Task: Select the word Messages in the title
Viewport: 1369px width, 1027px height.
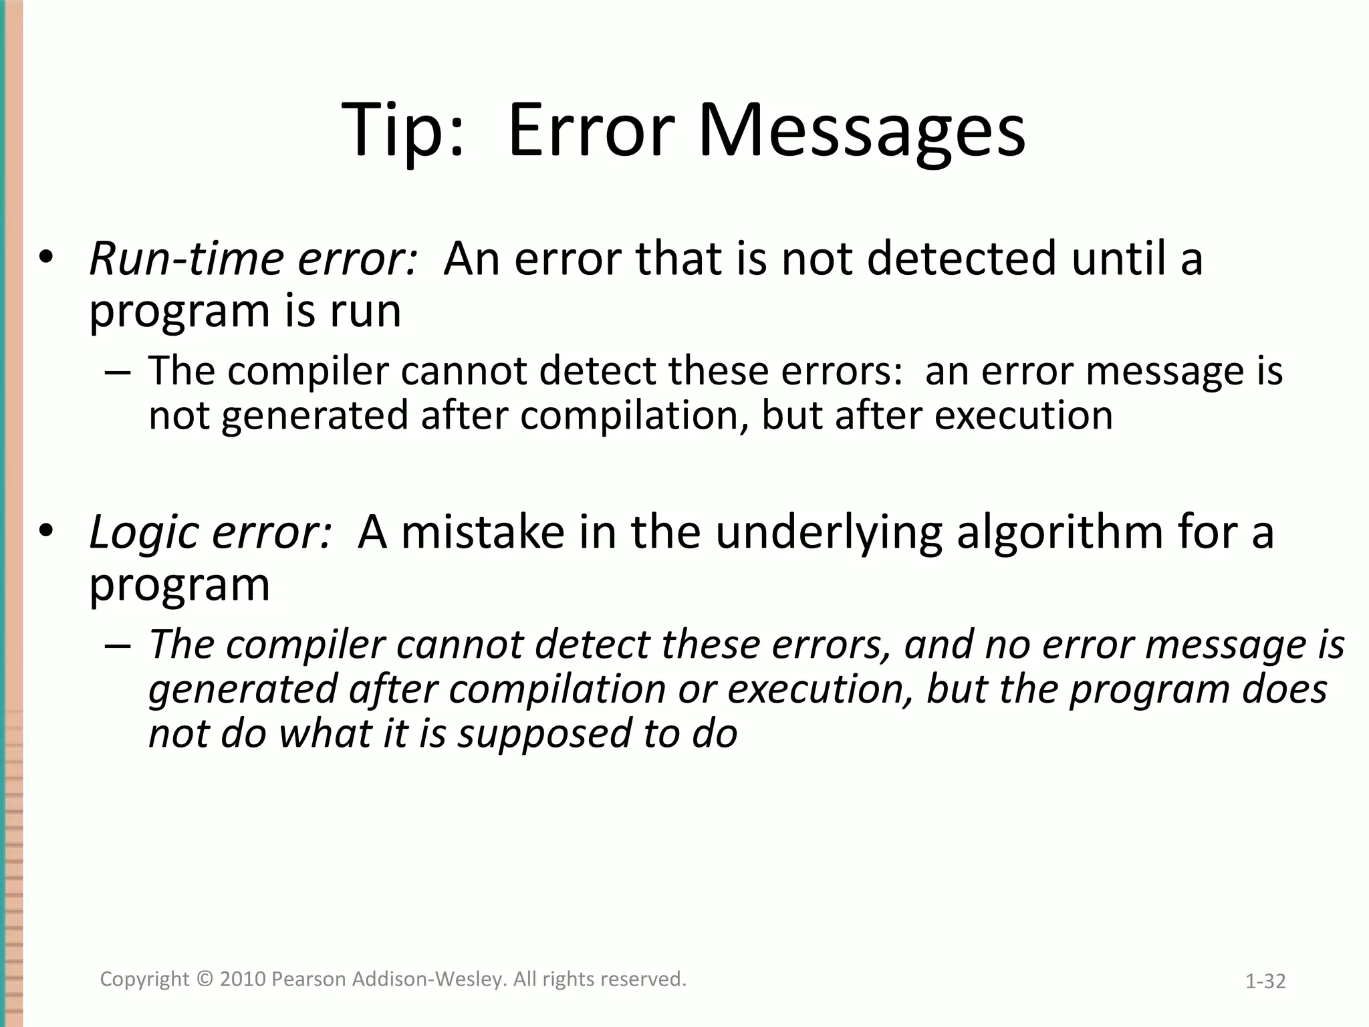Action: coord(862,130)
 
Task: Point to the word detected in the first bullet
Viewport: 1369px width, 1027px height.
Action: coord(962,259)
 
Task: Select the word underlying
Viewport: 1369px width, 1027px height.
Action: coord(829,534)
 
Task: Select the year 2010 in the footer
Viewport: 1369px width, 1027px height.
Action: coord(243,980)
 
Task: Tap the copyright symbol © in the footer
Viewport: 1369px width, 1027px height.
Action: coord(204,980)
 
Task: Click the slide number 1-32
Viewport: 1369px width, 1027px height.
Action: coord(1265,982)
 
